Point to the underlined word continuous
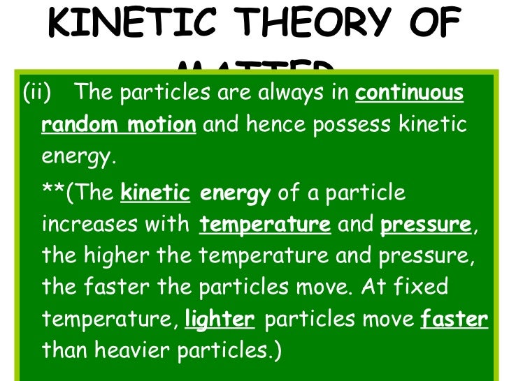(409, 94)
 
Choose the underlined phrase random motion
(119, 126)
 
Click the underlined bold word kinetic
(155, 193)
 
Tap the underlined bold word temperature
(265, 225)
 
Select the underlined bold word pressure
(425, 225)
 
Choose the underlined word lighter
(219, 320)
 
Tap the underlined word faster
(454, 320)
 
